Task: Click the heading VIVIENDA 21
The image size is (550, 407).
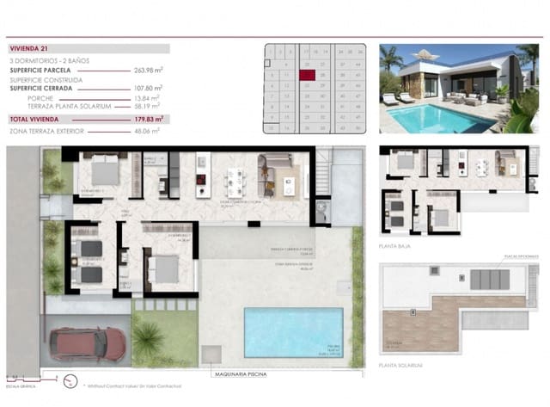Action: (x=30, y=50)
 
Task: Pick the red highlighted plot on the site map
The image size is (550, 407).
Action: (x=307, y=75)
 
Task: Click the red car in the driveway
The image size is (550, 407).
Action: (x=86, y=343)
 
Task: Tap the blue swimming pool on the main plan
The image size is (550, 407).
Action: (x=293, y=332)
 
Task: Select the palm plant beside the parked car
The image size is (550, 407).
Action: (x=148, y=340)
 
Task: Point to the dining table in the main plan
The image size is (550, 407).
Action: (x=235, y=181)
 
